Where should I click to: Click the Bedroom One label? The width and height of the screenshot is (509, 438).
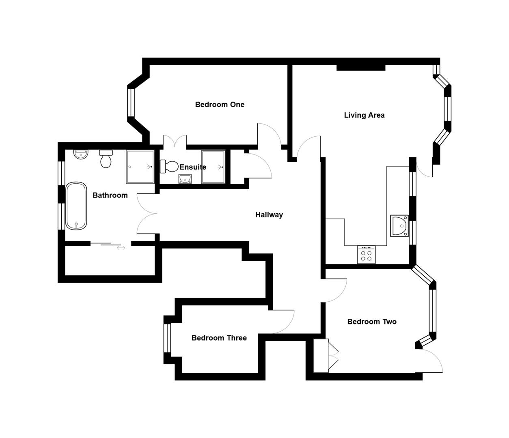[x=220, y=105]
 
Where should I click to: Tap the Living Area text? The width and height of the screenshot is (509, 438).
[x=364, y=115]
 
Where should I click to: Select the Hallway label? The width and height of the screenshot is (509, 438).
[x=269, y=215]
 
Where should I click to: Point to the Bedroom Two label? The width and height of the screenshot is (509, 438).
[x=372, y=322]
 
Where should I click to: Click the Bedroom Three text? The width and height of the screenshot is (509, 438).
[x=219, y=338]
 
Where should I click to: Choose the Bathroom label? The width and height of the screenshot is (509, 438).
[x=110, y=195]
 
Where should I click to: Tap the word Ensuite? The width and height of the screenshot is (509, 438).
[x=193, y=167]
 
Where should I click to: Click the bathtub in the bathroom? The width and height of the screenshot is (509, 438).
[x=76, y=206]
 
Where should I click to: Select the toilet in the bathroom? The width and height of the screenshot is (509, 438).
[x=106, y=159]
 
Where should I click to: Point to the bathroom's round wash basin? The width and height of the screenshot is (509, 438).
[x=81, y=154]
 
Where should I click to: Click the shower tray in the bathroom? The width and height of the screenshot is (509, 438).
[x=140, y=167]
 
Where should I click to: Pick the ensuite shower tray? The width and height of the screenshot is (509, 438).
[x=213, y=167]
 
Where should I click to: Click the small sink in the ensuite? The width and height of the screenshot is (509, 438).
[x=185, y=178]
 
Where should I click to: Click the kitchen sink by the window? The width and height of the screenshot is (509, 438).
[x=399, y=225]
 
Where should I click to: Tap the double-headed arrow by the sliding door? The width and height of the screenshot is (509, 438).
[x=121, y=248]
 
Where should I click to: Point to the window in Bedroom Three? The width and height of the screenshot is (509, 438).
[x=167, y=338]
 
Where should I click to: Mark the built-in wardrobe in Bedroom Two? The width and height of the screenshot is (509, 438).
[x=321, y=356]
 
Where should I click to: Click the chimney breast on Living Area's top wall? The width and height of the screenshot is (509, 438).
[x=360, y=68]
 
